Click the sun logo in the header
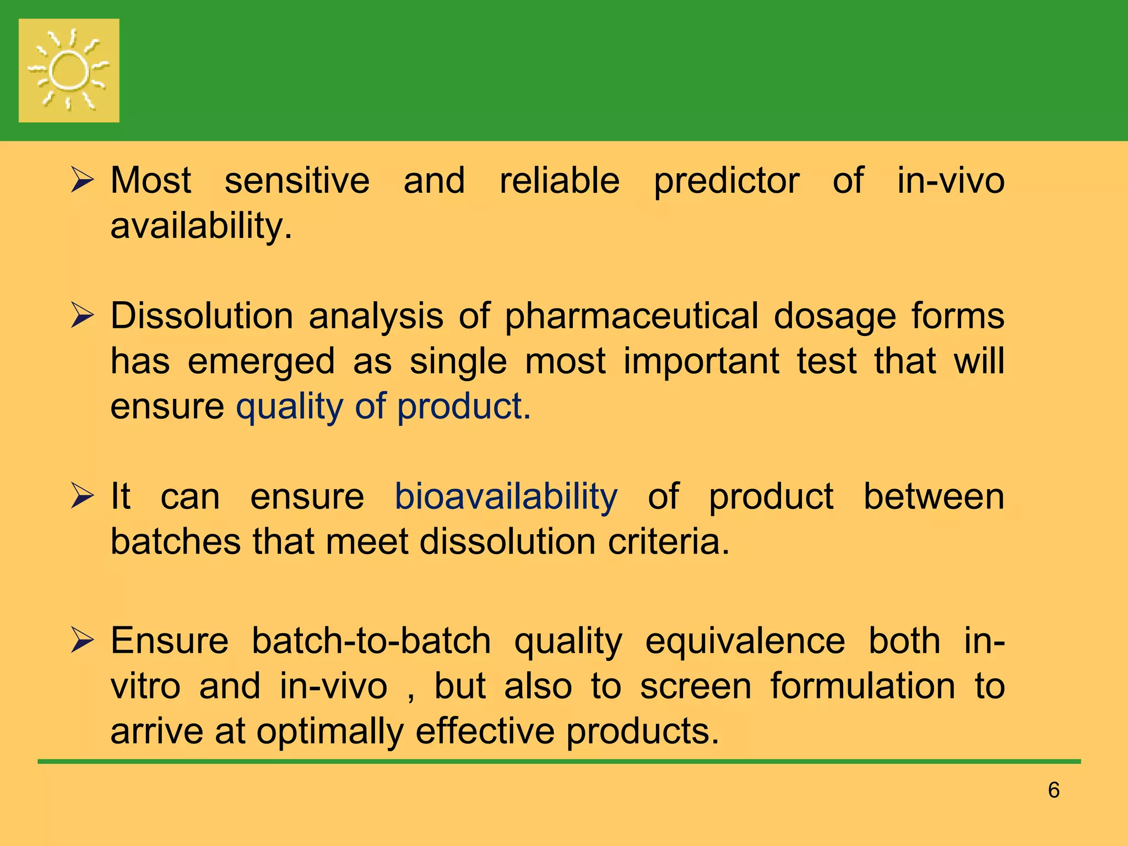pyautogui.click(x=69, y=70)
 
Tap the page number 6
pyautogui.click(x=1054, y=790)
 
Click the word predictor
pyautogui.click(x=726, y=182)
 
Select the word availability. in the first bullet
pyautogui.click(x=201, y=227)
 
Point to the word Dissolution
pyautogui.click(x=202, y=317)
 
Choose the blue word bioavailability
pyautogui.click(x=506, y=497)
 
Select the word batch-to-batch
pyautogui.click(x=371, y=641)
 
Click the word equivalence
pyautogui.click(x=745, y=641)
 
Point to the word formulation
pyautogui.click(x=862, y=686)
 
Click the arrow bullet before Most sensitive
pyautogui.click(x=83, y=181)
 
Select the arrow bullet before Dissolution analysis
pyautogui.click(x=83, y=317)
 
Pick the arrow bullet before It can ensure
pyautogui.click(x=83, y=497)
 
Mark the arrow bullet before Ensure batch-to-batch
pyautogui.click(x=83, y=642)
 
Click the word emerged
pyautogui.click(x=261, y=362)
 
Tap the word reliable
pyautogui.click(x=559, y=181)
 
